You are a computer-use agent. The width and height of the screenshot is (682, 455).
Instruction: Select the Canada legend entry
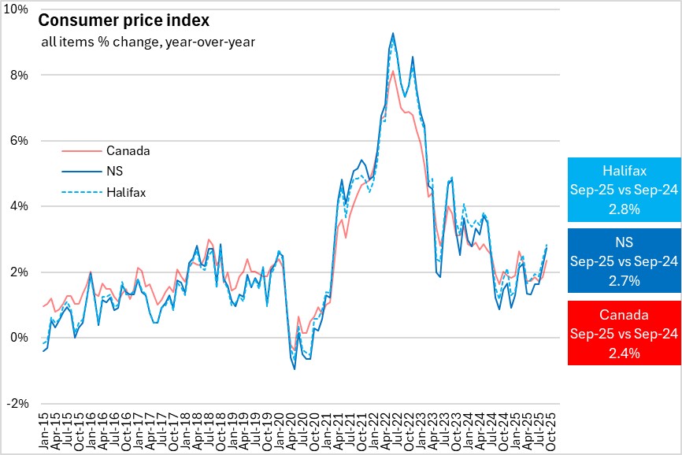pyautogui.click(x=127, y=150)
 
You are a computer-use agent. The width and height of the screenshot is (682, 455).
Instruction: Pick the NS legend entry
pyautogui.click(x=113, y=170)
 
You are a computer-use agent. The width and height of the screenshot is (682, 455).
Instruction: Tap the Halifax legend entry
pyautogui.click(x=125, y=191)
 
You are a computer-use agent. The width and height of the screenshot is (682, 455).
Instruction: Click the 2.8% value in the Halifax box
pyautogui.click(x=625, y=210)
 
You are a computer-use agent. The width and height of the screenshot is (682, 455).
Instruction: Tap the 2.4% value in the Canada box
pyautogui.click(x=625, y=354)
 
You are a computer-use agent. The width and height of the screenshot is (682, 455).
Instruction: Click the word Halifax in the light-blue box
pyautogui.click(x=625, y=172)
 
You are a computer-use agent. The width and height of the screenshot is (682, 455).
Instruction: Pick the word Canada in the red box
pyautogui.click(x=625, y=315)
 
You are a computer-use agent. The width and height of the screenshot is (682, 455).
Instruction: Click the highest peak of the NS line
pyautogui.click(x=393, y=33)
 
